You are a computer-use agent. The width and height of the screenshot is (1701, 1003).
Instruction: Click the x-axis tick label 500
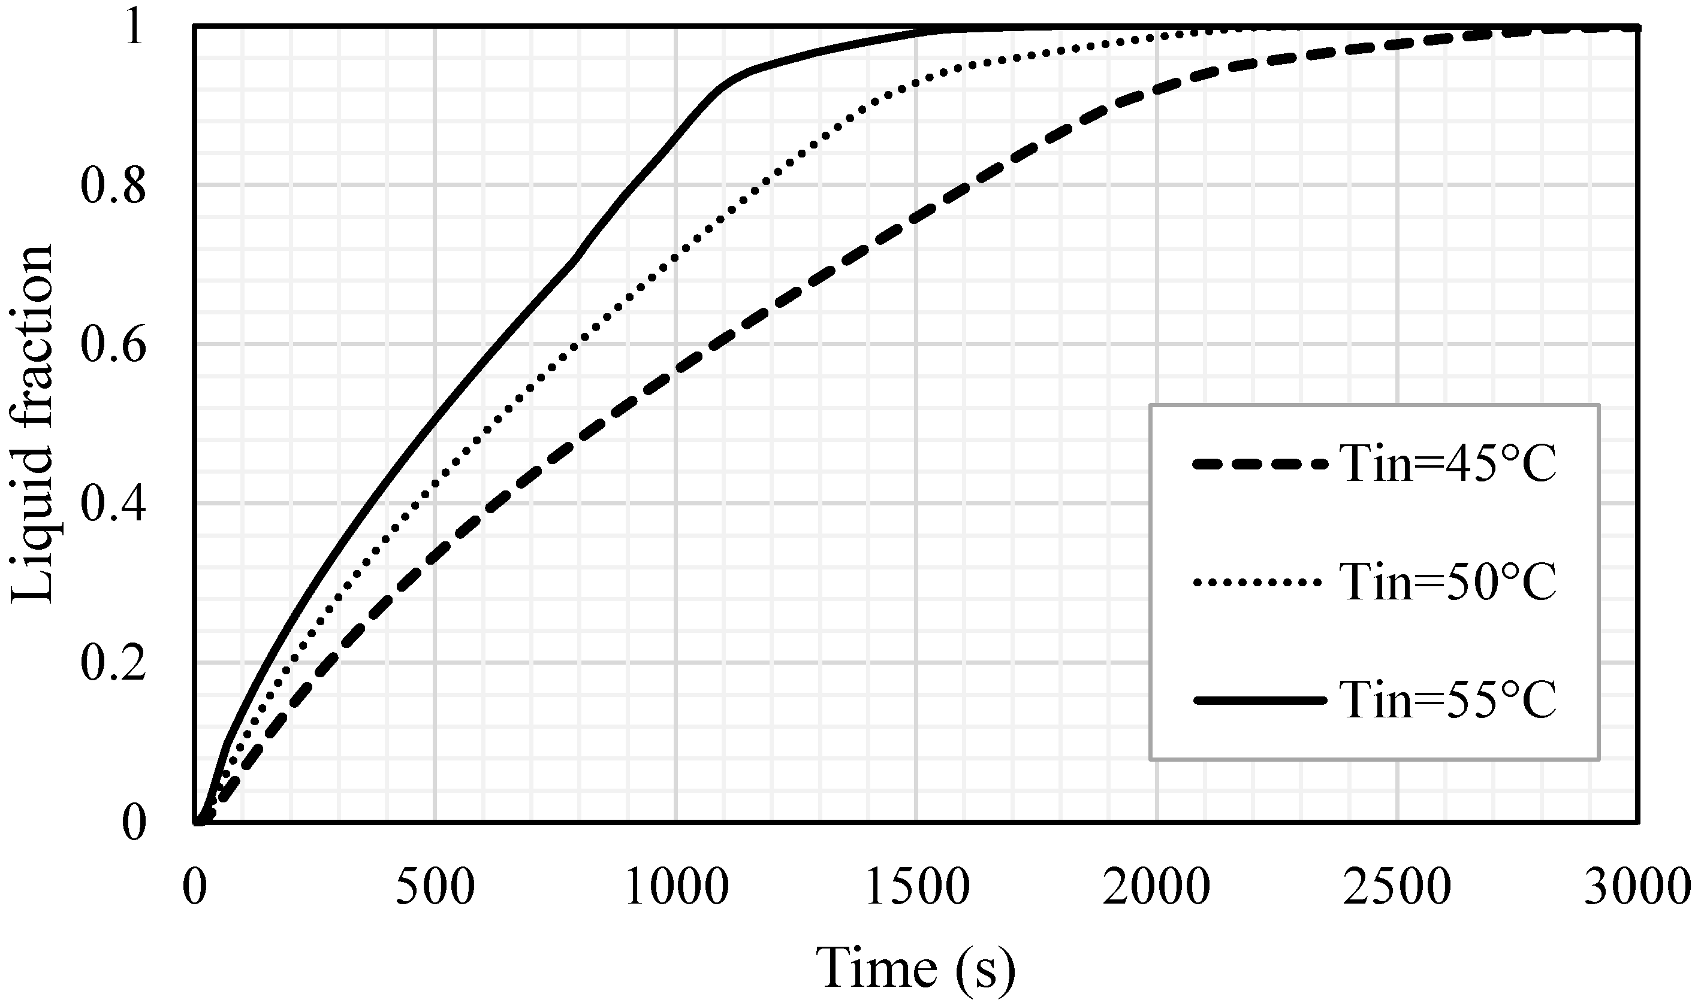[434, 888]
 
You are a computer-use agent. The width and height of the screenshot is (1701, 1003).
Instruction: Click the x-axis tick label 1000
[676, 888]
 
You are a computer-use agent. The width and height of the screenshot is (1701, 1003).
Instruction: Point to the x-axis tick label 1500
[917, 888]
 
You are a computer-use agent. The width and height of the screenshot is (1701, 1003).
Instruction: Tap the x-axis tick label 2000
[1157, 888]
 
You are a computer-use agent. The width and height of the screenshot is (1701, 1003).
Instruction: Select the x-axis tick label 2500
[1397, 888]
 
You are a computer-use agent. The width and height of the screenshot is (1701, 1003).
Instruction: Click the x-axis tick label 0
[194, 888]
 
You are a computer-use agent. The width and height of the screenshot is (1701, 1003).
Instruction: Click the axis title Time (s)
[917, 968]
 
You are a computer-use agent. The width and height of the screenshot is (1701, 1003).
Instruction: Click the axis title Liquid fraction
[32, 424]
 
